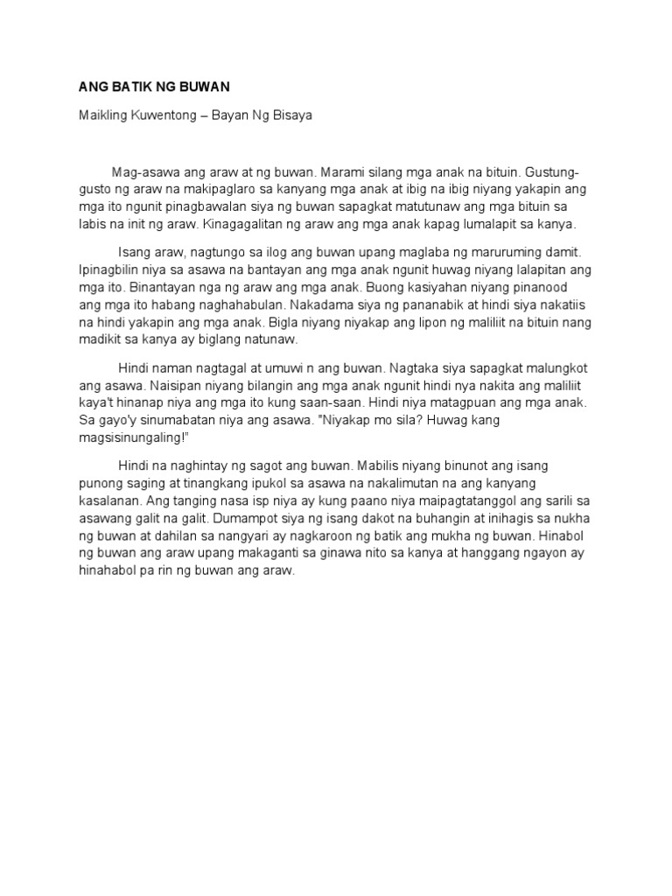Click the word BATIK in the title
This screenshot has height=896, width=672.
(122, 87)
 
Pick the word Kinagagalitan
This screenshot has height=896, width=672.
(242, 223)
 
